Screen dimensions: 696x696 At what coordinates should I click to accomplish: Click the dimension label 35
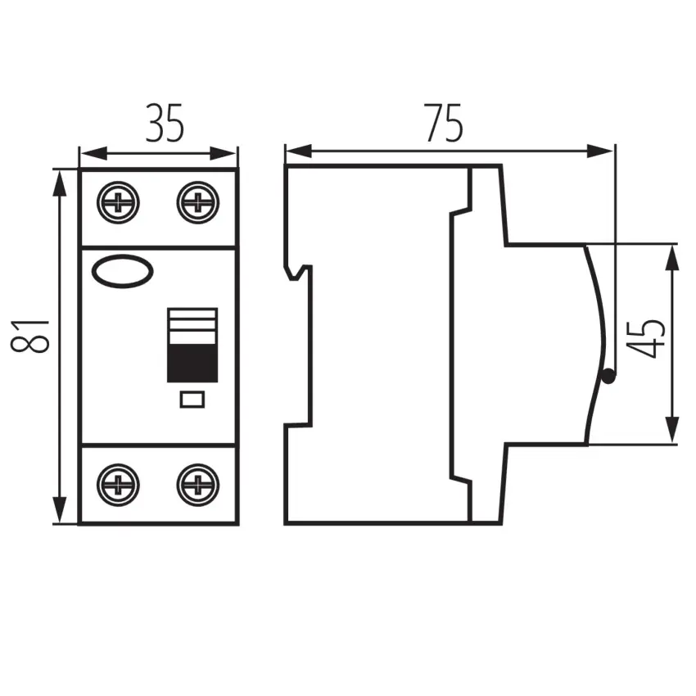click(165, 124)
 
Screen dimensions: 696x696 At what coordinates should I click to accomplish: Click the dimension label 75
click(444, 123)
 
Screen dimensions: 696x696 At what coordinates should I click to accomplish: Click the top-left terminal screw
click(118, 202)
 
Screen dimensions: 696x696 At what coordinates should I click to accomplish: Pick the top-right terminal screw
click(198, 202)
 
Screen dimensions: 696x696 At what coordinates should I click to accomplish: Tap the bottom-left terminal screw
click(118, 485)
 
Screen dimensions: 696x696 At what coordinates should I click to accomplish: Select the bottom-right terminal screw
click(198, 485)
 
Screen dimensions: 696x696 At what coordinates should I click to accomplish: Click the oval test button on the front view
click(123, 271)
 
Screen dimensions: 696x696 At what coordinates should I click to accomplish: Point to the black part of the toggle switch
click(192, 363)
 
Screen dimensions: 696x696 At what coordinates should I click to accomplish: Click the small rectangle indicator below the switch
click(192, 400)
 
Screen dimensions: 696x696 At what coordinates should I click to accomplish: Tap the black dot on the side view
click(608, 377)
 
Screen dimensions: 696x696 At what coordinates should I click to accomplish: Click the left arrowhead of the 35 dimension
click(93, 154)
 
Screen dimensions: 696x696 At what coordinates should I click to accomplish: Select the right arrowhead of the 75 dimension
click(600, 151)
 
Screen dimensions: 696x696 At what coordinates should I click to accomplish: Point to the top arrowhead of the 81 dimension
click(59, 183)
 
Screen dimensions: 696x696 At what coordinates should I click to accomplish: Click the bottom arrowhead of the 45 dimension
click(673, 429)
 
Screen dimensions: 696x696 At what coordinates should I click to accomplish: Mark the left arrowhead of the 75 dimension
click(299, 151)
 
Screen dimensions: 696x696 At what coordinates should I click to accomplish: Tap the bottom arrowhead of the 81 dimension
click(59, 510)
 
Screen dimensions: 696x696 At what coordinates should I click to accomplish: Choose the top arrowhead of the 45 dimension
click(673, 258)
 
